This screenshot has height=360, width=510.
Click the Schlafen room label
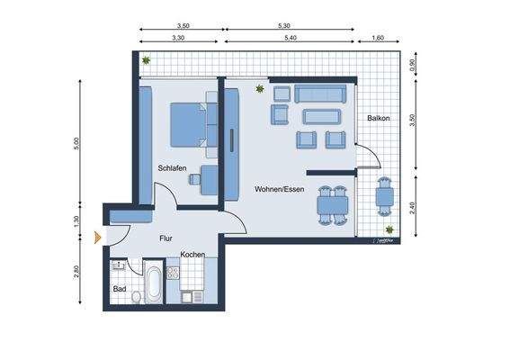pos(172,168)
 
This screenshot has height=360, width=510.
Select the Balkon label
pos(378,119)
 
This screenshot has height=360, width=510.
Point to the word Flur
pos(166,238)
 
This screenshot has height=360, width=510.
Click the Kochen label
pos(192,255)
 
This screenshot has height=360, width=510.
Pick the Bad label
pos(119,289)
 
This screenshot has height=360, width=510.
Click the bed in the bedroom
pos(192,124)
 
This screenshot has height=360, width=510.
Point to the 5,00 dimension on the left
pos(77,143)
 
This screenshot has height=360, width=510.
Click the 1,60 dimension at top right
pos(378,39)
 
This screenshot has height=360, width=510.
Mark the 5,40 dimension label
pos(290,39)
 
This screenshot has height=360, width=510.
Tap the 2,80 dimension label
pos(77,273)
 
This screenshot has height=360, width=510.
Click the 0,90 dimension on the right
pos(412,65)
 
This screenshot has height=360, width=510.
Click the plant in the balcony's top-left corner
pos(146,61)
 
